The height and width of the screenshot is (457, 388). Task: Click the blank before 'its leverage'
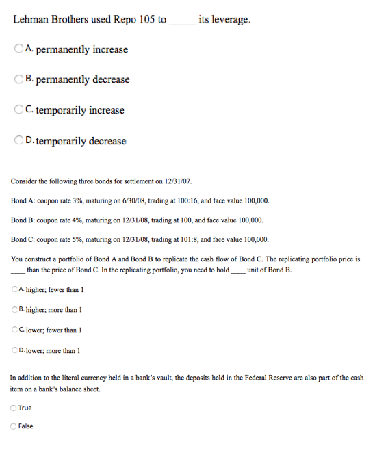[181, 21]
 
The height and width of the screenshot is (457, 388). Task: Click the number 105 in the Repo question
[147, 19]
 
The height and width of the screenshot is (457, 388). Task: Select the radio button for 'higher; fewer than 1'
[16, 289]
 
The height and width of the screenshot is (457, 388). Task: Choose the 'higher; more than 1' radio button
[16, 309]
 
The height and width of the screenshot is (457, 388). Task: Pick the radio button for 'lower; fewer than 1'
[16, 330]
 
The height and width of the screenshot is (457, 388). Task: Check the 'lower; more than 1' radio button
[16, 351]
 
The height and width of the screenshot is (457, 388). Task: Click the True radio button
[14, 408]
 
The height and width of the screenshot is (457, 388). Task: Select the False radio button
[14, 426]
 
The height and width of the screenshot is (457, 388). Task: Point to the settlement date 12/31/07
[177, 182]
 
